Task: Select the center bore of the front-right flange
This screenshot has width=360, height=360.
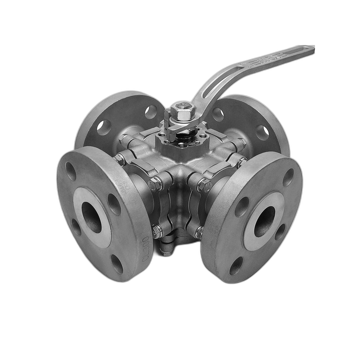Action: (x=265, y=221)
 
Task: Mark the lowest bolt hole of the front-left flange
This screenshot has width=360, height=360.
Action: (x=116, y=263)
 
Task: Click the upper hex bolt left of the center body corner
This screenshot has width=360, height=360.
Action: (x=155, y=183)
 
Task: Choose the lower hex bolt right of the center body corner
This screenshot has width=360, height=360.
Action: (x=198, y=232)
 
